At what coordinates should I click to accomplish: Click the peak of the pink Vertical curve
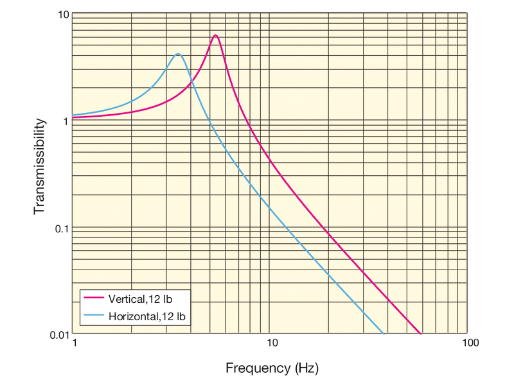coord(215,35)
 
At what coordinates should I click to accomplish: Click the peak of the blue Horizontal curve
coord(177,54)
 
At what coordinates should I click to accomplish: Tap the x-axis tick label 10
coord(272,344)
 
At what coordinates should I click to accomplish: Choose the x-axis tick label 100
coord(470,344)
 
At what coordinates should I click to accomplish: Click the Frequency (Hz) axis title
coord(272,368)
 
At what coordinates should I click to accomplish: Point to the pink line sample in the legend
coord(94,299)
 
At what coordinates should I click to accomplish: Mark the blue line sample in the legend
coord(94,316)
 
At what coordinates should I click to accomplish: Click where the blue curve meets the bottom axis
coord(384,334)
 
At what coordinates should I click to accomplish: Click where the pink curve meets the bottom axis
coord(421,334)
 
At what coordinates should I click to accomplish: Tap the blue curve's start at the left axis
coord(73,115)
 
